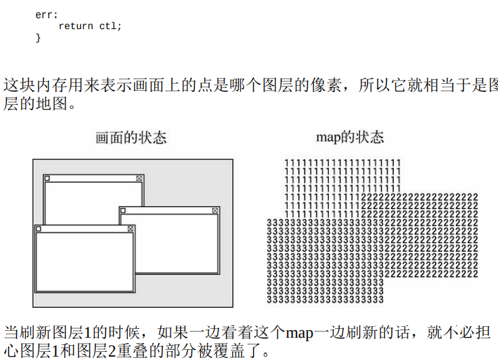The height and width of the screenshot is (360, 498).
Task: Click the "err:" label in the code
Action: click(x=46, y=14)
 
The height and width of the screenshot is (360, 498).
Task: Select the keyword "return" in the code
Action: click(x=75, y=26)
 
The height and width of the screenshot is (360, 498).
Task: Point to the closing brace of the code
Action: click(x=38, y=38)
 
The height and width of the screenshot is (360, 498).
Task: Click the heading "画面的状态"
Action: click(x=130, y=138)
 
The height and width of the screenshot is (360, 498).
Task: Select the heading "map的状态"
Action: click(x=350, y=137)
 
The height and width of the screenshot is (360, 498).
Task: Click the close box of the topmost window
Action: click(x=139, y=178)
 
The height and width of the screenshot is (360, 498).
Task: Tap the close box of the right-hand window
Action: click(x=215, y=210)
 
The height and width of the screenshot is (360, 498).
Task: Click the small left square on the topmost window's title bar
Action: click(x=47, y=178)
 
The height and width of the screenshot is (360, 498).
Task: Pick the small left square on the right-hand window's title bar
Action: click(x=122, y=210)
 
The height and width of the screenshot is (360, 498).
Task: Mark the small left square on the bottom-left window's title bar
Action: click(x=38, y=229)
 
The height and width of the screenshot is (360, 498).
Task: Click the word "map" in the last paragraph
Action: click(x=300, y=333)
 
